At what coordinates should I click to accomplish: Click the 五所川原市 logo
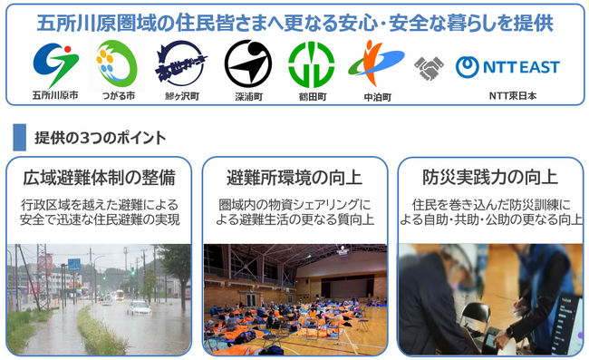[55, 63]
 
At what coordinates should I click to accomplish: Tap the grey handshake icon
[429, 67]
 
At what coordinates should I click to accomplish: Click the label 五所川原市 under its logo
[55, 94]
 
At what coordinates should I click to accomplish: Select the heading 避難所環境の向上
[294, 176]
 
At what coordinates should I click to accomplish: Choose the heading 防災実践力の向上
[490, 176]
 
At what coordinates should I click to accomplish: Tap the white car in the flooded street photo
[139, 307]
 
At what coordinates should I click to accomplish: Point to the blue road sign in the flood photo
[74, 264]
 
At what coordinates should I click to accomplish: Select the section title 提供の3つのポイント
[100, 138]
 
